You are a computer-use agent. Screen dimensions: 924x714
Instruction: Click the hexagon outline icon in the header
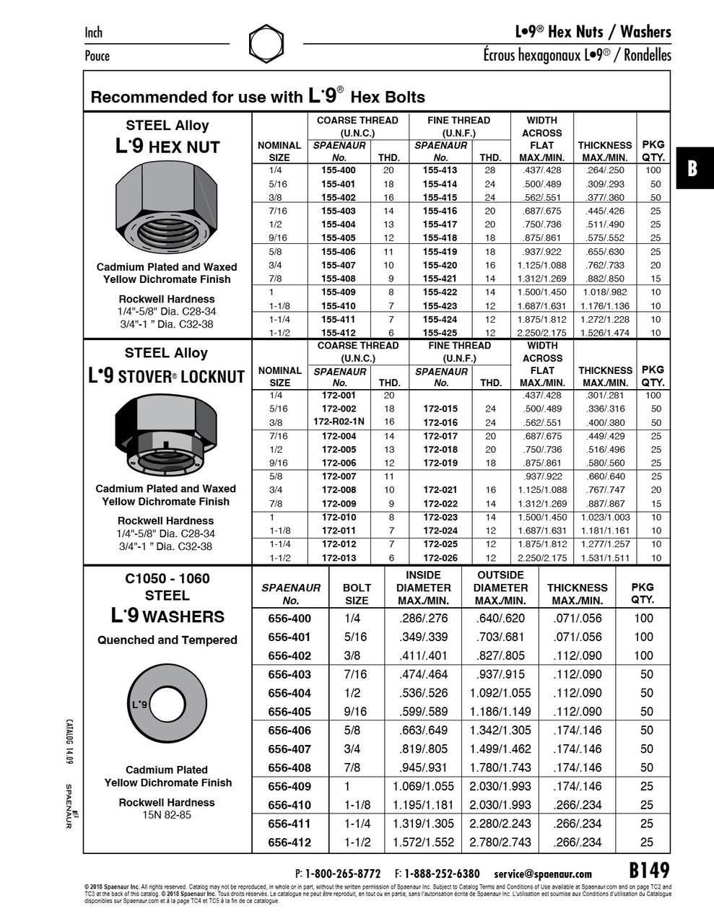click(266, 44)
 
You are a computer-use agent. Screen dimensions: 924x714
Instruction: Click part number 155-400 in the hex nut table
click(339, 170)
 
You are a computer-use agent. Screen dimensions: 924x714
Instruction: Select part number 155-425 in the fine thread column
click(440, 333)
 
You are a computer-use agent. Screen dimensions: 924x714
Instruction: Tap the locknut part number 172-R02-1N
click(339, 422)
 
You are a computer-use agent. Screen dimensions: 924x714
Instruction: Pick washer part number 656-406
click(289, 731)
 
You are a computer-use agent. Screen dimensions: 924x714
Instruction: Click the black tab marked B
click(692, 170)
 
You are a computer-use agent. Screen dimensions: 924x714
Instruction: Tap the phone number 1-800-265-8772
click(343, 873)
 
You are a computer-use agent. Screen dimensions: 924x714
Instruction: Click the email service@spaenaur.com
click(543, 873)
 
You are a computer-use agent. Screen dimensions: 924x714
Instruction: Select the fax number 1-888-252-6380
click(442, 873)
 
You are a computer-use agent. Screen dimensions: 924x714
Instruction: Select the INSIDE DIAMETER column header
click(423, 588)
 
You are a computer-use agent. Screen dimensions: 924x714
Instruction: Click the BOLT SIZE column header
click(357, 594)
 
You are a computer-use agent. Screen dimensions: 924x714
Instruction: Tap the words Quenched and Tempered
click(167, 640)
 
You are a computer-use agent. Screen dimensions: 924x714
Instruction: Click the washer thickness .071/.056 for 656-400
click(577, 619)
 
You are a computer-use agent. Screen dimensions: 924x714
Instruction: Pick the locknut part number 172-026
click(440, 558)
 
